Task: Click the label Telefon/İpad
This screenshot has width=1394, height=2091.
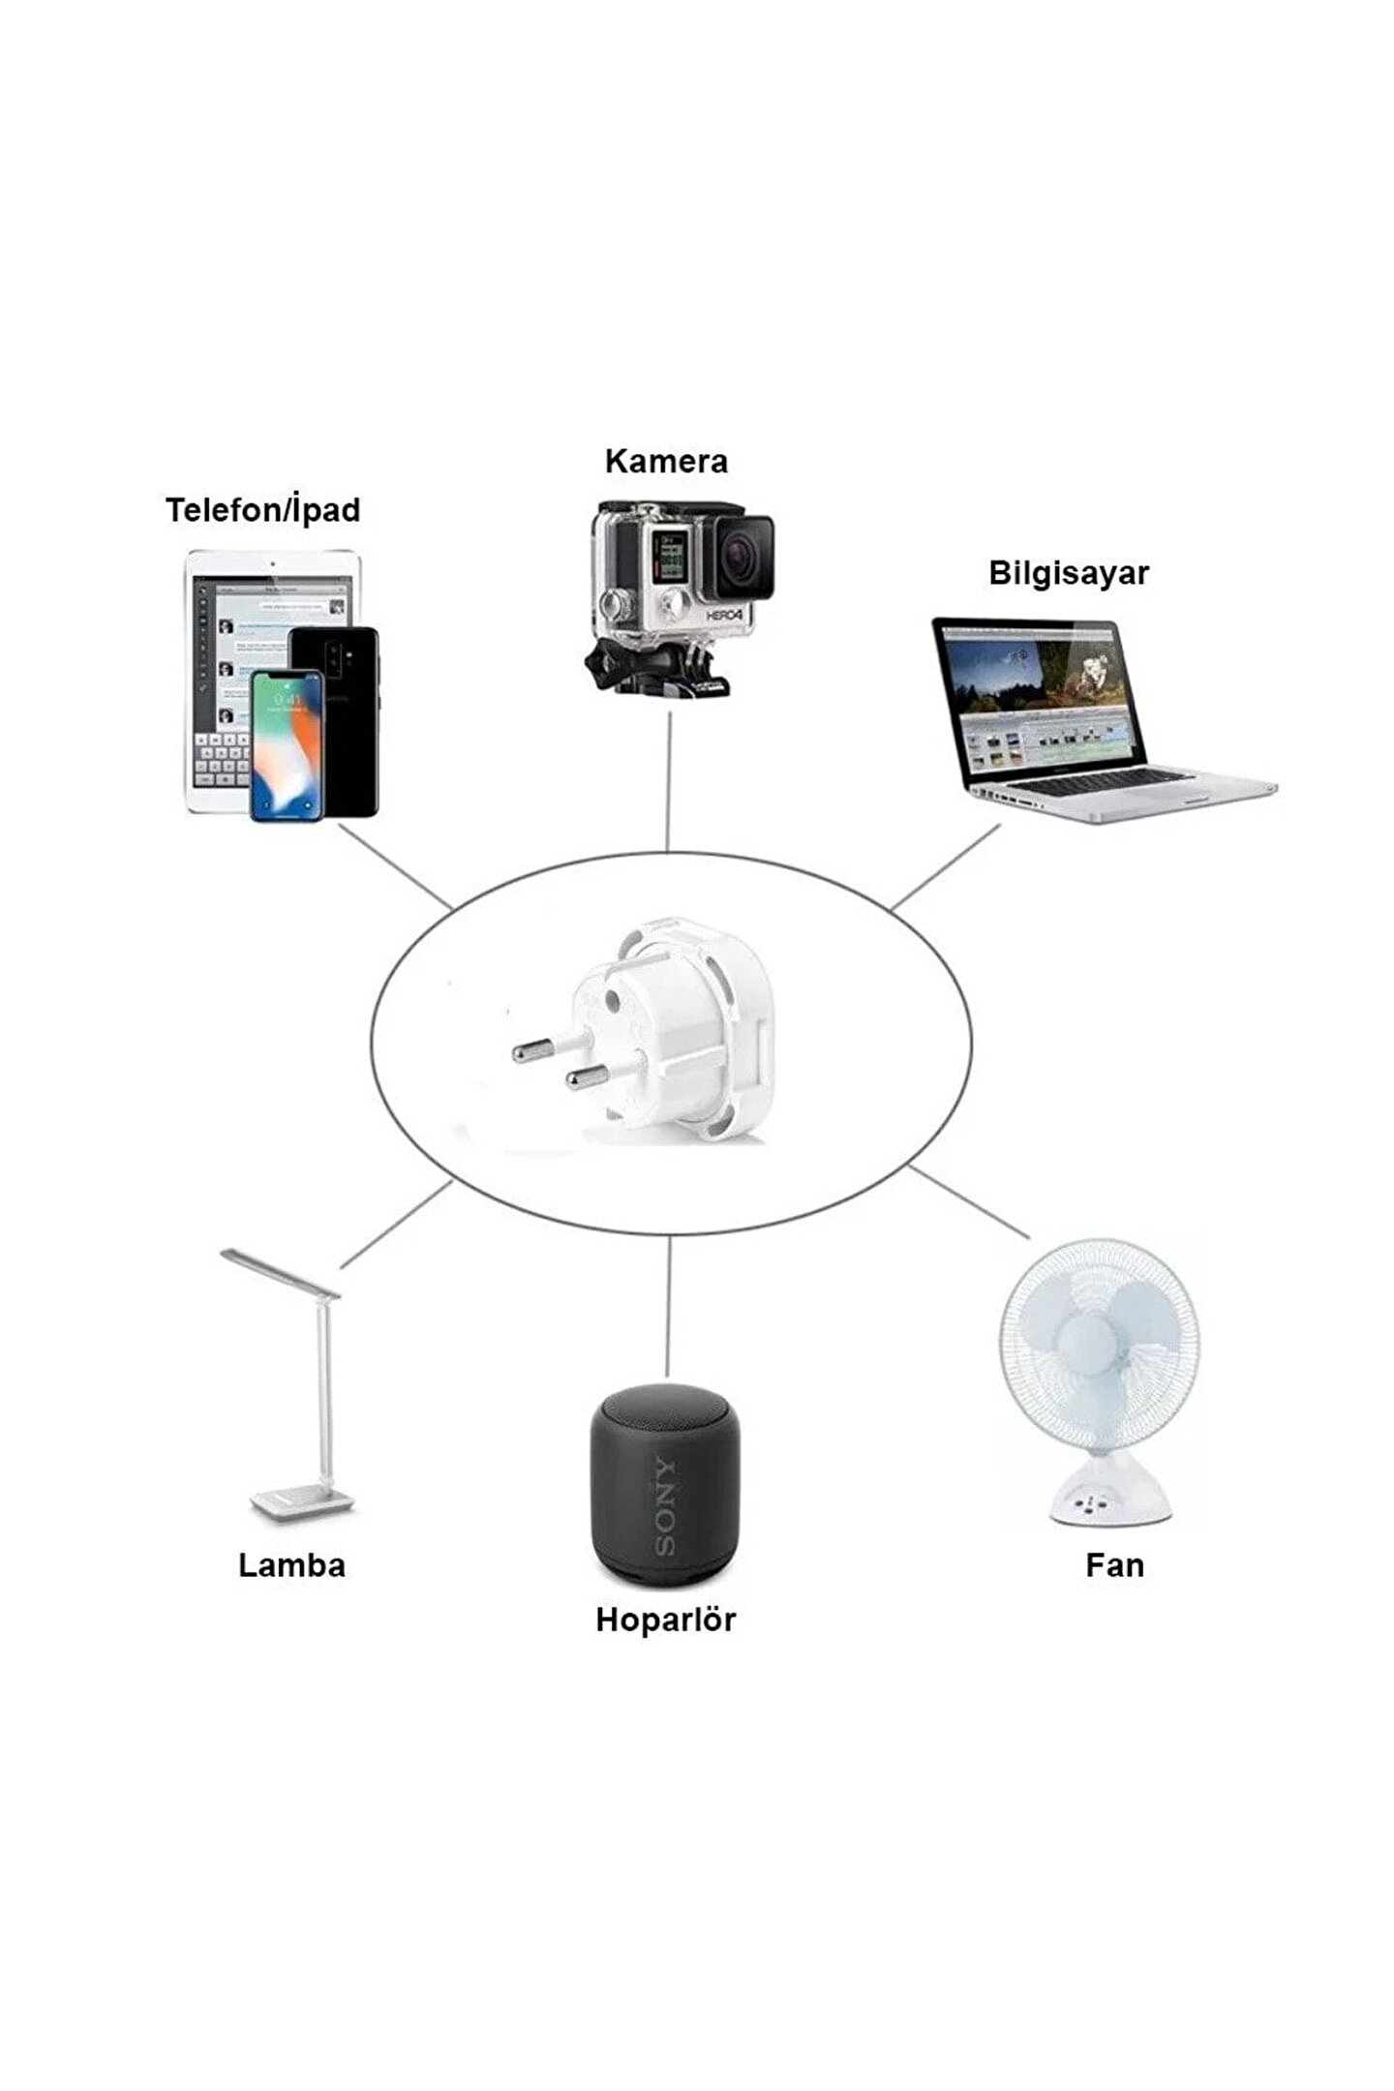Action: (x=262, y=510)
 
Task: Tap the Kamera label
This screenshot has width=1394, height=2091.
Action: (x=666, y=461)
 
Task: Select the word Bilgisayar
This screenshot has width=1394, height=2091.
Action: (x=1068, y=572)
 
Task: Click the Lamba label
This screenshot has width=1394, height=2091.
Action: (x=291, y=1565)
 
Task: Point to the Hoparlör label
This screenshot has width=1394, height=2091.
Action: (x=665, y=1620)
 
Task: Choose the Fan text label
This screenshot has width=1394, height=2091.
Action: (x=1114, y=1565)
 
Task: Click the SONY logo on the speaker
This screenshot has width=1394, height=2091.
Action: (x=666, y=1506)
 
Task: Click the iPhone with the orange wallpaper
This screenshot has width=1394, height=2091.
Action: (x=287, y=745)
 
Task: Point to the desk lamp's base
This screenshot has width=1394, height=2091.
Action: (x=302, y=1503)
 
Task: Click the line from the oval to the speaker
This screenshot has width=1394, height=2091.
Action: (x=667, y=1307)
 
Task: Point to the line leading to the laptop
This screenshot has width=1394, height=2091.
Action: (x=945, y=867)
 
